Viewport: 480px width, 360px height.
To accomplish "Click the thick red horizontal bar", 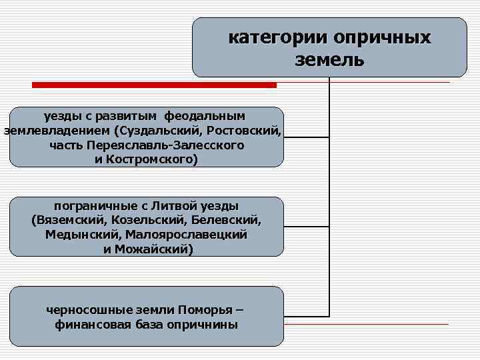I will (155, 85).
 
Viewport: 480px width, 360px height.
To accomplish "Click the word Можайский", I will (154, 249).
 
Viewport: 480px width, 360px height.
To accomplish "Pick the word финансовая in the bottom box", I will (94, 325).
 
